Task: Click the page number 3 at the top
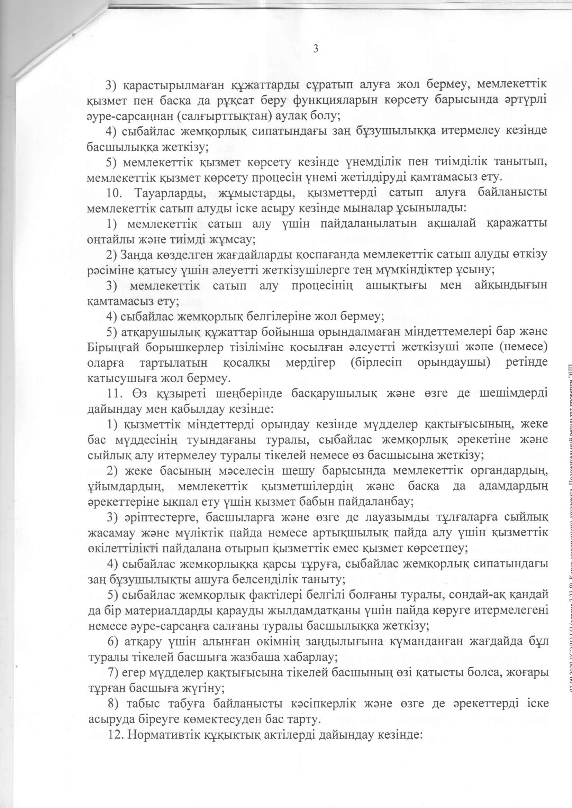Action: (316, 49)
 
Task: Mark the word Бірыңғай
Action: (109, 347)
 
